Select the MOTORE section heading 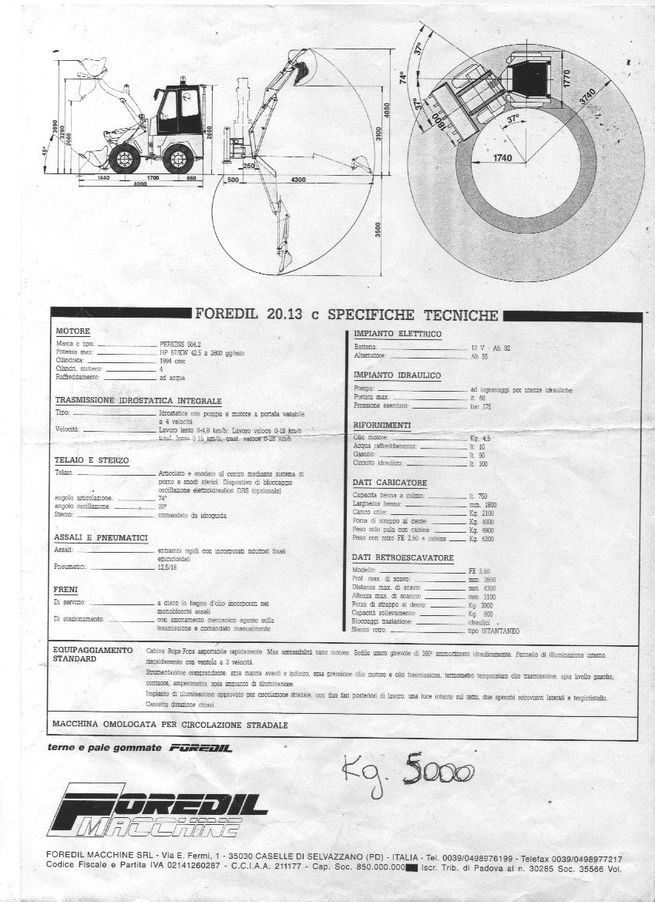(x=72, y=331)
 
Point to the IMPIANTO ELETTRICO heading (x=397, y=334)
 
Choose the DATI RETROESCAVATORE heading (x=402, y=557)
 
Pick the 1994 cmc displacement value (x=173, y=360)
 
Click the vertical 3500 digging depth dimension (x=378, y=231)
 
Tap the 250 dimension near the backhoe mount (x=248, y=166)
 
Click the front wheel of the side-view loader (x=124, y=159)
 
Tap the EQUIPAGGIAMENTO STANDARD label (x=92, y=655)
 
